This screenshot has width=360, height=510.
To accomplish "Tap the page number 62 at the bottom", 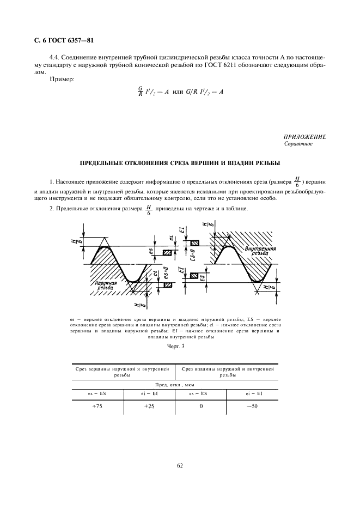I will tap(179, 465).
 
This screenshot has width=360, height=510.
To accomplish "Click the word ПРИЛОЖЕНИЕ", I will tap(304, 137).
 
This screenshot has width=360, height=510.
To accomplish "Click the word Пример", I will tap(61, 80).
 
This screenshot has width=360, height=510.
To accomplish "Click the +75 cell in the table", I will tap(98, 406).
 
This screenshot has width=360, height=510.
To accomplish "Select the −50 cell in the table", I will tap(253, 406).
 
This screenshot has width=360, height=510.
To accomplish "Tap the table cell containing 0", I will tap(201, 406).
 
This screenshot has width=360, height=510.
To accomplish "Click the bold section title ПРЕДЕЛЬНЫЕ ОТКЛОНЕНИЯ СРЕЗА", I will tap(180, 163).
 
